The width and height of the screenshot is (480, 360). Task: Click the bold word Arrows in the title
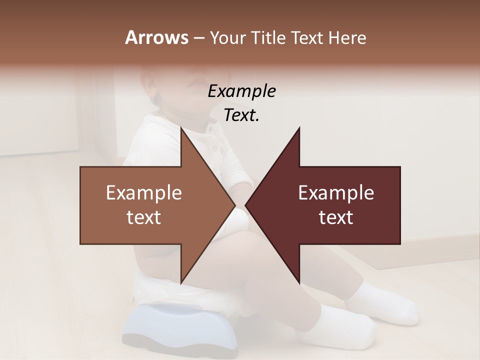pyautogui.click(x=156, y=37)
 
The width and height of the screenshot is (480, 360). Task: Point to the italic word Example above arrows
pyautogui.click(x=241, y=91)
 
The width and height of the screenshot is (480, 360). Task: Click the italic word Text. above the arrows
pyautogui.click(x=241, y=115)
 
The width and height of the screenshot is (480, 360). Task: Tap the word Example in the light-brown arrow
pyautogui.click(x=143, y=193)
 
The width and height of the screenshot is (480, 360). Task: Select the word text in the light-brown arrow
pyautogui.click(x=143, y=217)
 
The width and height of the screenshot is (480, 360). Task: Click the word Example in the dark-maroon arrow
pyautogui.click(x=336, y=193)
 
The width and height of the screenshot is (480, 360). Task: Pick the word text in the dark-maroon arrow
pyautogui.click(x=336, y=217)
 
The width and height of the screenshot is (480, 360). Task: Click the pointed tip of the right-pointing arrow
pyautogui.click(x=235, y=205)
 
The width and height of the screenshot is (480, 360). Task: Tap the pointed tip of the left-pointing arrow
pyautogui.click(x=246, y=205)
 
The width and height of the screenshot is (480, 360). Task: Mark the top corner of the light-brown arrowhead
pyautogui.click(x=181, y=128)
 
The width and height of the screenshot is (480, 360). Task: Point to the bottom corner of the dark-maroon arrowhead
pyautogui.click(x=299, y=282)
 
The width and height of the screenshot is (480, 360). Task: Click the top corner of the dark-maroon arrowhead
pyautogui.click(x=299, y=128)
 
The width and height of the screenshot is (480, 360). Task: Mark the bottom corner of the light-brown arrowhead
pyautogui.click(x=181, y=282)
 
